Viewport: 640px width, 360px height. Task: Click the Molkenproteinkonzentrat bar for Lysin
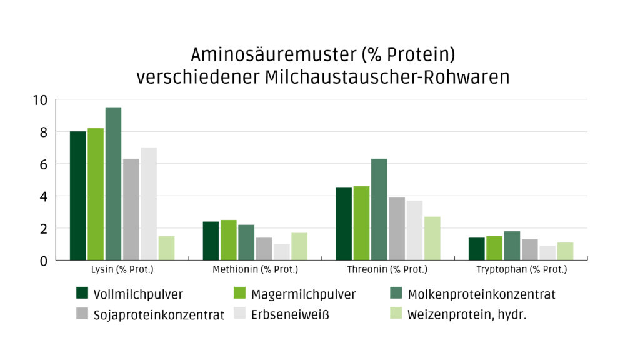click(x=113, y=184)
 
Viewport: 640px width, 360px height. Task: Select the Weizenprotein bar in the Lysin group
click(x=166, y=248)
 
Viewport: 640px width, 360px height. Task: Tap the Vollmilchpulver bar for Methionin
click(x=211, y=241)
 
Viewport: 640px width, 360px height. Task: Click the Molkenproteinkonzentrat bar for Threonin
click(x=379, y=209)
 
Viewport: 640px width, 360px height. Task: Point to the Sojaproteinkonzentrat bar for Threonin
click(x=397, y=229)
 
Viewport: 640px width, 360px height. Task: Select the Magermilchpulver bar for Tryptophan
click(x=494, y=248)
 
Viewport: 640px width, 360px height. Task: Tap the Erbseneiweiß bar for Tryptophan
click(x=547, y=252)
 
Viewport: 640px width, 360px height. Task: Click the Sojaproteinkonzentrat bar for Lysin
click(x=131, y=209)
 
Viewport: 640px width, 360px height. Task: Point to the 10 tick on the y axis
click(x=40, y=100)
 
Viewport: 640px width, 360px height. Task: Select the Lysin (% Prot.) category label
click(x=122, y=270)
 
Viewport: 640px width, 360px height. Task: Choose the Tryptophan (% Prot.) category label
click(x=521, y=270)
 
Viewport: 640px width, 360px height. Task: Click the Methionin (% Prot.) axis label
click(x=255, y=270)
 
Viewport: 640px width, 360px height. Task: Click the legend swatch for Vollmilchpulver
click(x=82, y=293)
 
